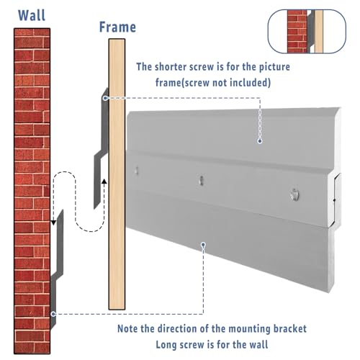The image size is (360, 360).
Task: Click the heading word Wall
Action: point(32,15)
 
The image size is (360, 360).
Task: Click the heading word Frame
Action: point(117,27)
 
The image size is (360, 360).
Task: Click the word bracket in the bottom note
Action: point(290,328)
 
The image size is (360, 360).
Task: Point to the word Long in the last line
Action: point(166,345)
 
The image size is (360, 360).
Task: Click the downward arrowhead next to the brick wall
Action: point(53,222)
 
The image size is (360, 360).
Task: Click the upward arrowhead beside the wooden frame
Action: point(104,181)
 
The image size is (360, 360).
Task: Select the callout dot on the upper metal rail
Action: point(260,141)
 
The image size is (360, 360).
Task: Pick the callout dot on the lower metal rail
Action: point(204,245)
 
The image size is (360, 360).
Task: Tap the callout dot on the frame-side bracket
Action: point(105,98)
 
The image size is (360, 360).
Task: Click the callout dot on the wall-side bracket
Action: point(53,314)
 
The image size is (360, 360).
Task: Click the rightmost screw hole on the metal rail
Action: point(294,194)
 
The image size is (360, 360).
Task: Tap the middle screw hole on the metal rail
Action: point(201,181)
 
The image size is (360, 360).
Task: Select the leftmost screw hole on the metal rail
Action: point(136,171)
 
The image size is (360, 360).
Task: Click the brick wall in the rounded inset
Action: point(297,31)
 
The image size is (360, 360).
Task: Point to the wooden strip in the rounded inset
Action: point(319,31)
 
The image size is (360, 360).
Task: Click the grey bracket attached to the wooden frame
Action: point(102,149)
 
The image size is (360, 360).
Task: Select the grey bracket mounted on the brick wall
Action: point(57,269)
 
